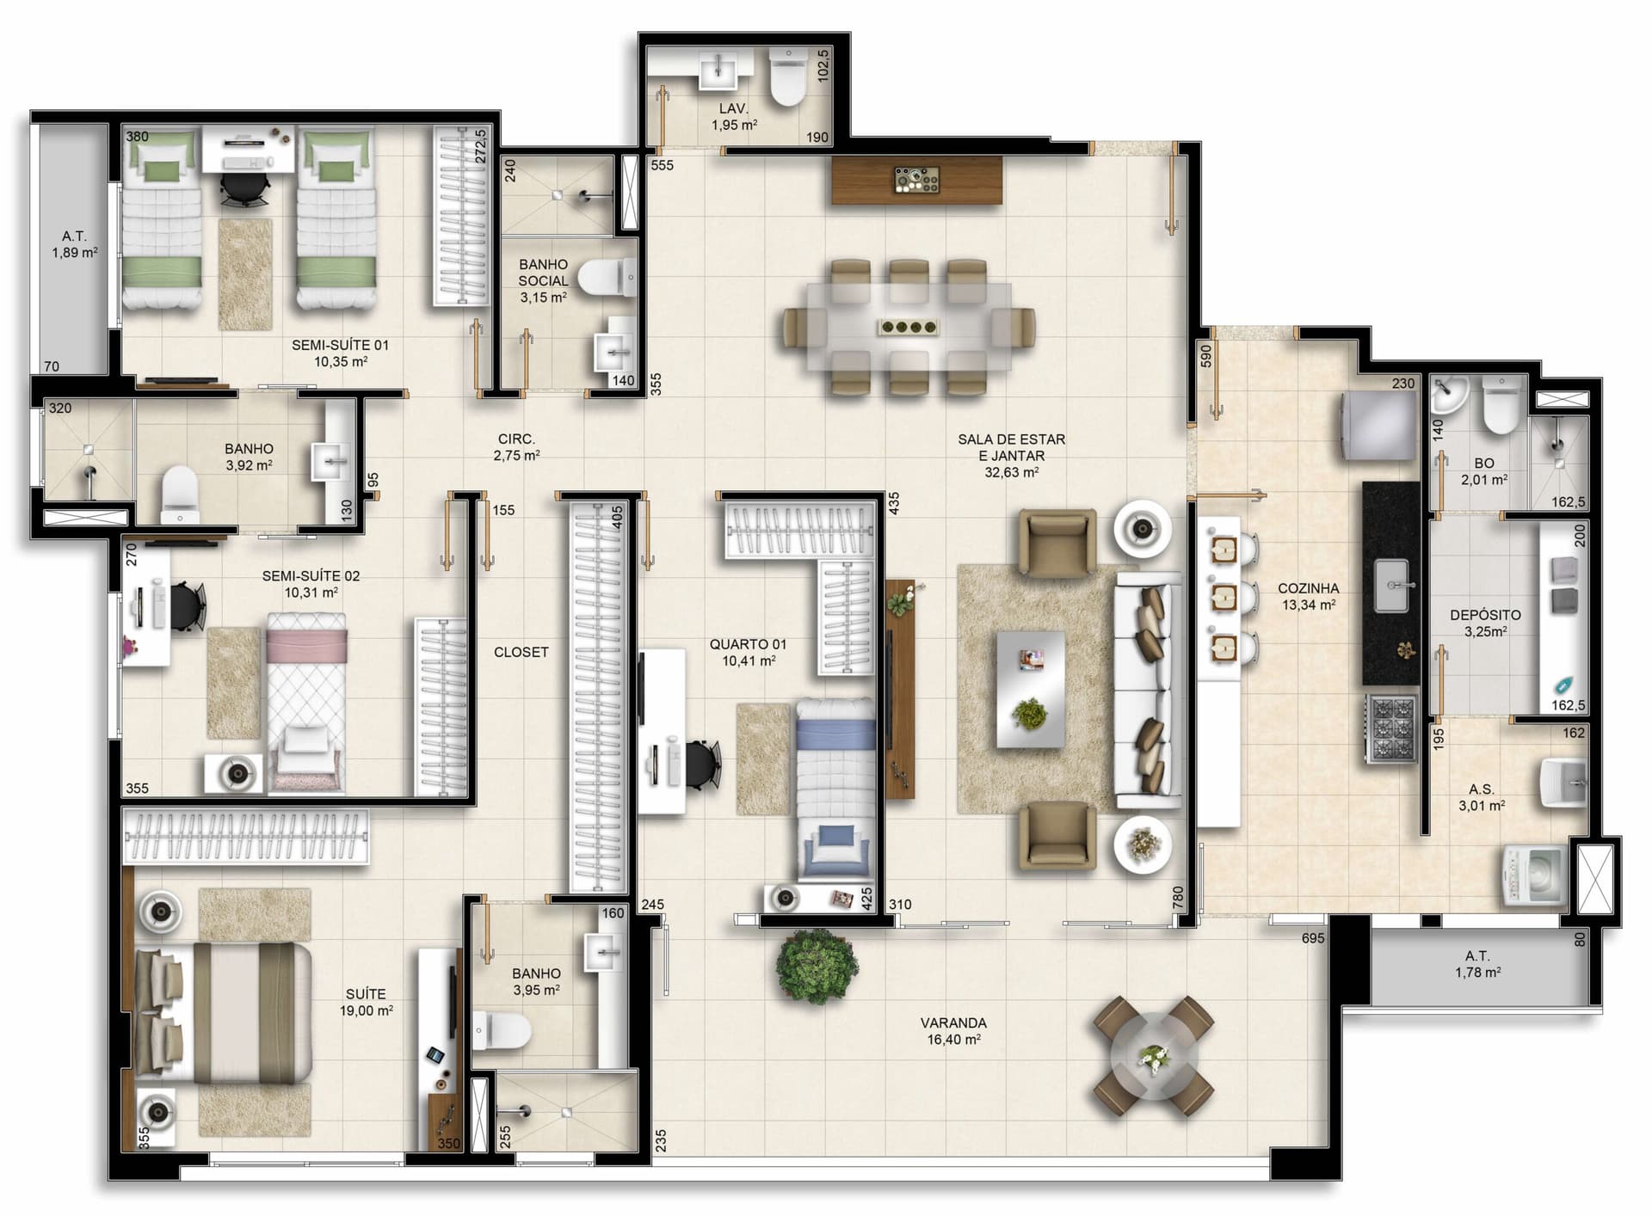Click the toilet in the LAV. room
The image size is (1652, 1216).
click(x=786, y=77)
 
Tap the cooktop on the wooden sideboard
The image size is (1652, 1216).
click(x=917, y=180)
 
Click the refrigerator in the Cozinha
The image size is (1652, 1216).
click(x=1379, y=427)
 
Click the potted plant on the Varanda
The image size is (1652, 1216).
click(x=817, y=966)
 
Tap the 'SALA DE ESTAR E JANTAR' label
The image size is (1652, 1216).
click(x=1012, y=447)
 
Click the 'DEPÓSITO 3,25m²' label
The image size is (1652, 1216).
click(x=1485, y=623)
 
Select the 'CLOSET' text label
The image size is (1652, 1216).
click(x=521, y=652)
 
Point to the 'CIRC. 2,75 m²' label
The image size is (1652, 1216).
click(x=516, y=447)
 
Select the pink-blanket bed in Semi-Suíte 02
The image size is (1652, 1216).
click(x=307, y=702)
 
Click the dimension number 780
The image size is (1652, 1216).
click(x=1178, y=898)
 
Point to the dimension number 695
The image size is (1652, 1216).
click(x=1313, y=938)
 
